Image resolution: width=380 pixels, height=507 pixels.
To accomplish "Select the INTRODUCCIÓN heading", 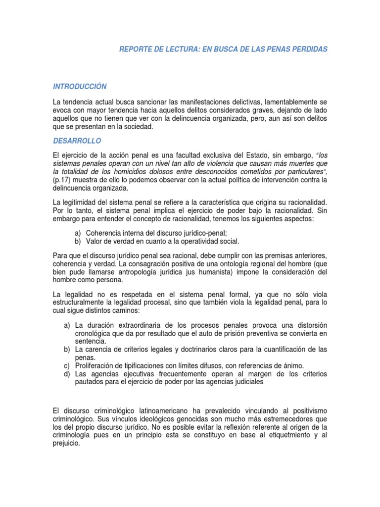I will click(80, 87).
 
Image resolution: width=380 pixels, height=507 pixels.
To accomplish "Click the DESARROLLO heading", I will click(76, 141).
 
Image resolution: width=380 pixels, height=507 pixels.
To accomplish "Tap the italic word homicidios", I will click(141, 172).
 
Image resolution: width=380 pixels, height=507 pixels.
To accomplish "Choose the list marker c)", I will click(66, 365).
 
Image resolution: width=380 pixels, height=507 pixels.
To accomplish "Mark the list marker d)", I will click(66, 374).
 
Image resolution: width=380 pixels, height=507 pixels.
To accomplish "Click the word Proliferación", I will click(98, 365).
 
